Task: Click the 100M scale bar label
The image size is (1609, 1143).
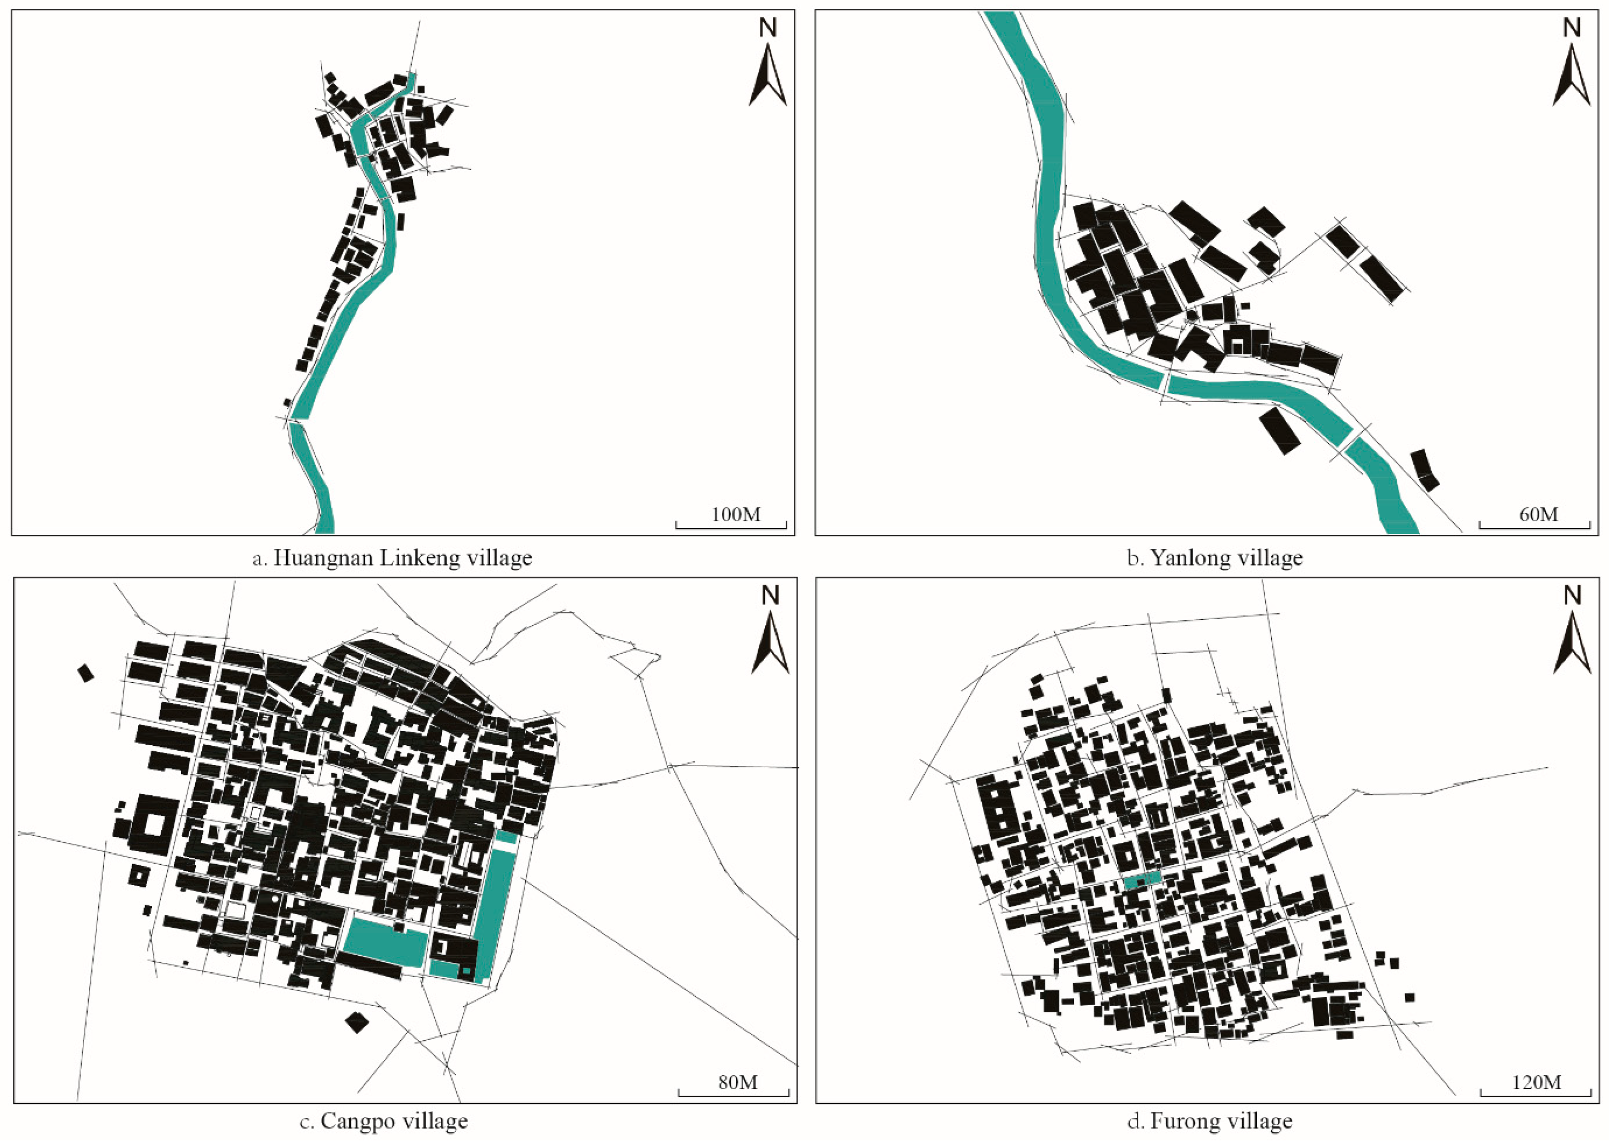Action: click(736, 515)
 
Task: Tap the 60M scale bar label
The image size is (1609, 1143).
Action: click(1539, 515)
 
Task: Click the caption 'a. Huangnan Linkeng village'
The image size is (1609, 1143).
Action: click(392, 558)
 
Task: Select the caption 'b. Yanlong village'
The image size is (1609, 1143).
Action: click(1214, 558)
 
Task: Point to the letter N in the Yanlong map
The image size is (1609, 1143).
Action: click(1572, 28)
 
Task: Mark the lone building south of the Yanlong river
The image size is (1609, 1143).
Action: click(1280, 430)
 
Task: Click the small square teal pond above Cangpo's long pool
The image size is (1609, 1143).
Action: click(506, 837)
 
